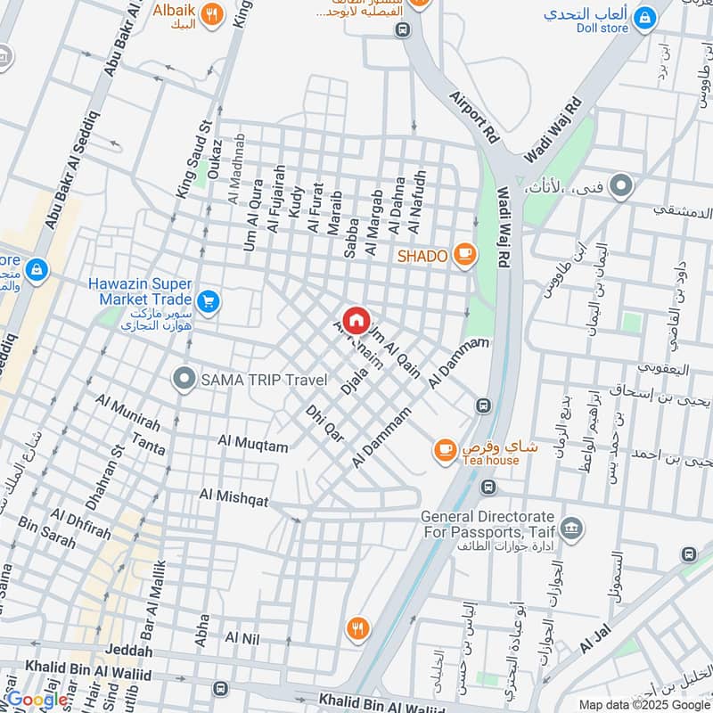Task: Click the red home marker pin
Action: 356,320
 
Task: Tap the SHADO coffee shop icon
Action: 464,255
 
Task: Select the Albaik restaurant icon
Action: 211,14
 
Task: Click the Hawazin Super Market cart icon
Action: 209,302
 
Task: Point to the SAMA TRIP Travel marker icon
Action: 184,380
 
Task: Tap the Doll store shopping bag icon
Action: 644,15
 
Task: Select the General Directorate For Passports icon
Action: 572,528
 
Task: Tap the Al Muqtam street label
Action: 253,441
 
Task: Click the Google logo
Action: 37,700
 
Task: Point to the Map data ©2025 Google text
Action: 644,704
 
